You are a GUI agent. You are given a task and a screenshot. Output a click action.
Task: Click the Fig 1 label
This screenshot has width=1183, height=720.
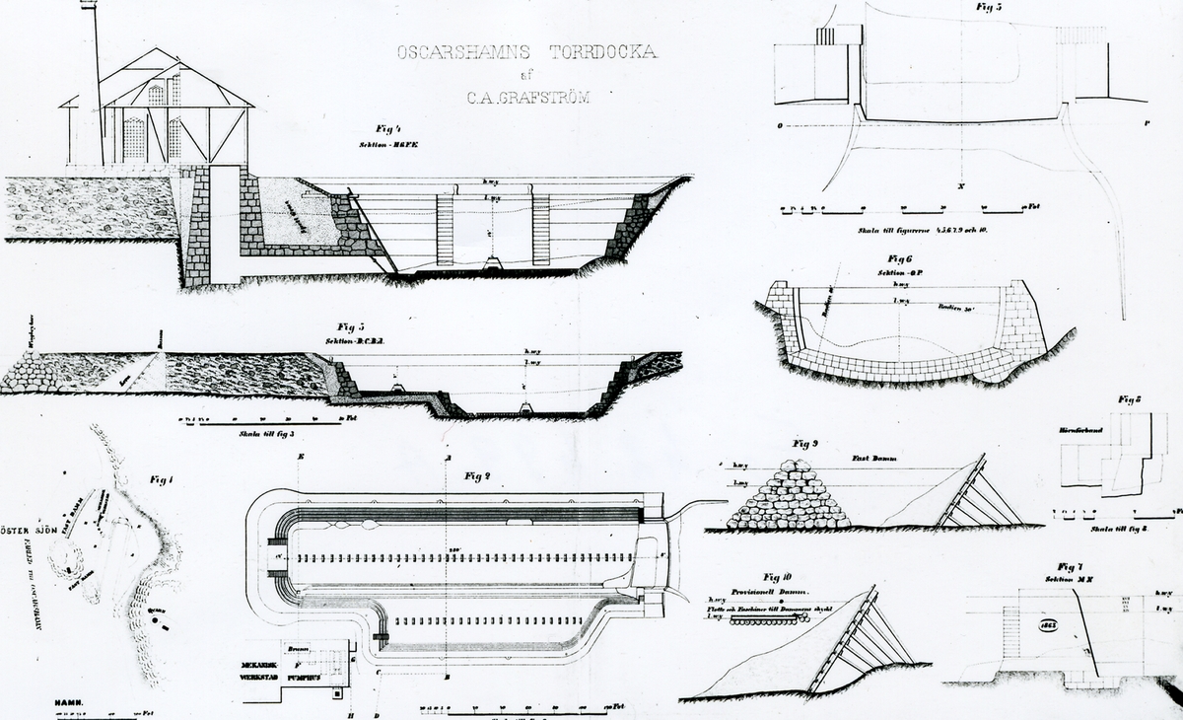162,480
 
